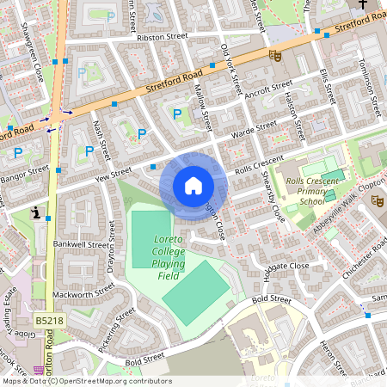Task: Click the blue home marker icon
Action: coord(193,185)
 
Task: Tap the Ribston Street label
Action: coord(161,38)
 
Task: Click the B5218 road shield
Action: coord(49,320)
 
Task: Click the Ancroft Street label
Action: coord(269,90)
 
